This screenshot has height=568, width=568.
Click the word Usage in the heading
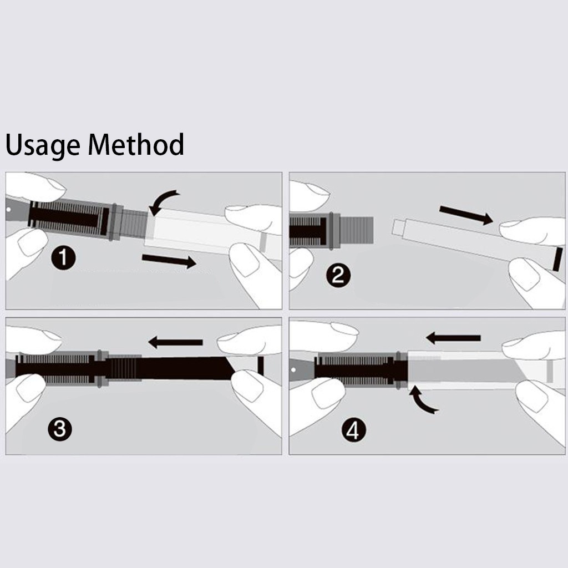coord(43,145)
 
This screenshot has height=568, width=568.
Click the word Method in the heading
coord(136,144)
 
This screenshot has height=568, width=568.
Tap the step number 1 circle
coord(63,257)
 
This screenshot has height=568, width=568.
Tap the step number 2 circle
coord(338,276)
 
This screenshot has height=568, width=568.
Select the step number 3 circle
coord(60,429)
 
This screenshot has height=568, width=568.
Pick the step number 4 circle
coord(353,430)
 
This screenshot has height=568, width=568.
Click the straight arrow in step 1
coord(169,261)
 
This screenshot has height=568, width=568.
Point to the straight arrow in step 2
coord(466,215)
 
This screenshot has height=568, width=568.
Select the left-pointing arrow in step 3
coord(176,342)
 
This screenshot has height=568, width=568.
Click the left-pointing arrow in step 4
coord(453,338)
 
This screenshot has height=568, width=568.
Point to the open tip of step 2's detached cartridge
coord(398,227)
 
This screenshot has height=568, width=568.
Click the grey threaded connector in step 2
coord(357,230)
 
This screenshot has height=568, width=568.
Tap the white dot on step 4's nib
coord(293,370)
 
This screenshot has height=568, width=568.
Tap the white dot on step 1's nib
coord(9,209)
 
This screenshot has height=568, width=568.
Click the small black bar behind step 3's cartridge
coord(261,366)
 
